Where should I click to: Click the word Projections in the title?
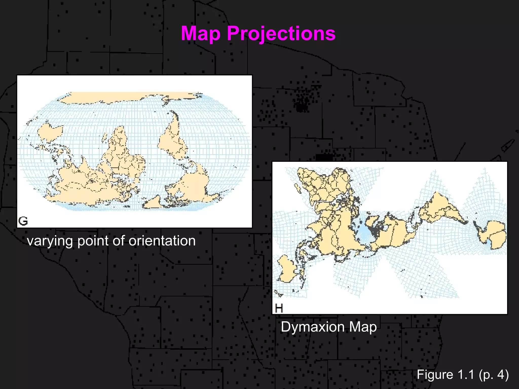tap(281, 34)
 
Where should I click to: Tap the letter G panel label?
tap(23, 221)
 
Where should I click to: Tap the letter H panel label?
tap(279, 308)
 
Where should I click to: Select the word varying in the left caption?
tap(50, 241)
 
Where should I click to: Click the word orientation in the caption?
tap(162, 241)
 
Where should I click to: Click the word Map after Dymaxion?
tap(363, 327)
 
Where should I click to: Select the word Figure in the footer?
tap(435, 375)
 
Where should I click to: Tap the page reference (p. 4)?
tap(494, 375)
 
